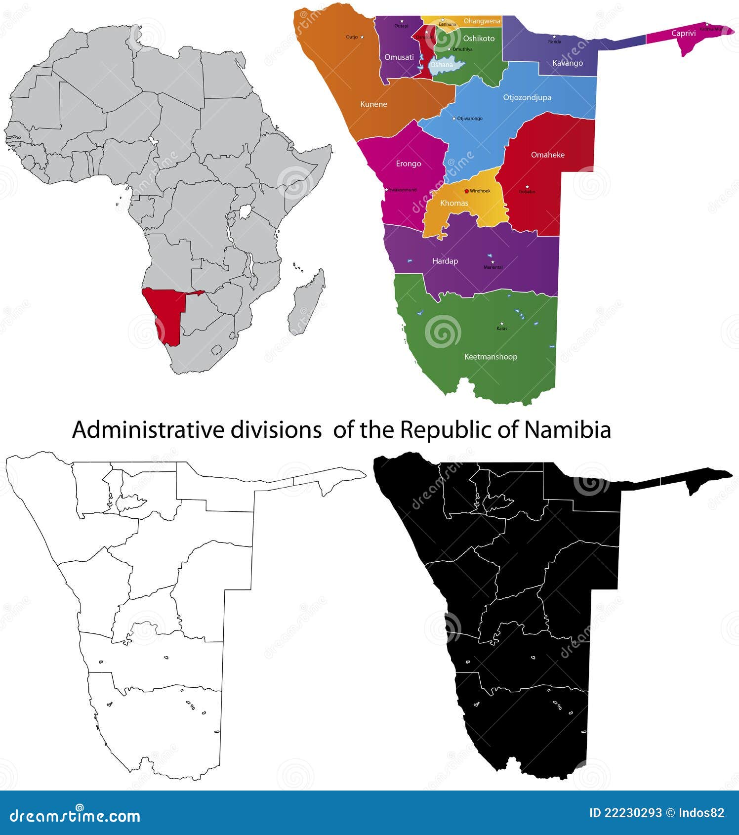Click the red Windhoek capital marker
pos(466,191)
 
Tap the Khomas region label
pos(454,203)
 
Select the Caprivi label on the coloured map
pos(683,34)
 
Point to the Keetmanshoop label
pos(491,357)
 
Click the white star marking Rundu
pos(554,37)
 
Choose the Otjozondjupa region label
pos(527,97)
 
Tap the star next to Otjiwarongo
pos(454,118)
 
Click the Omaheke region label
pos(547,155)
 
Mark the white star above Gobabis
pos(527,187)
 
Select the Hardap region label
pos(445,261)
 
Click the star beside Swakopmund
pos(386,189)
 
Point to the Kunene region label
pos(373,104)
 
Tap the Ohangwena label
pos(482,21)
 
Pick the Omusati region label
pos(399,57)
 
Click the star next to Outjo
pos(362,37)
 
